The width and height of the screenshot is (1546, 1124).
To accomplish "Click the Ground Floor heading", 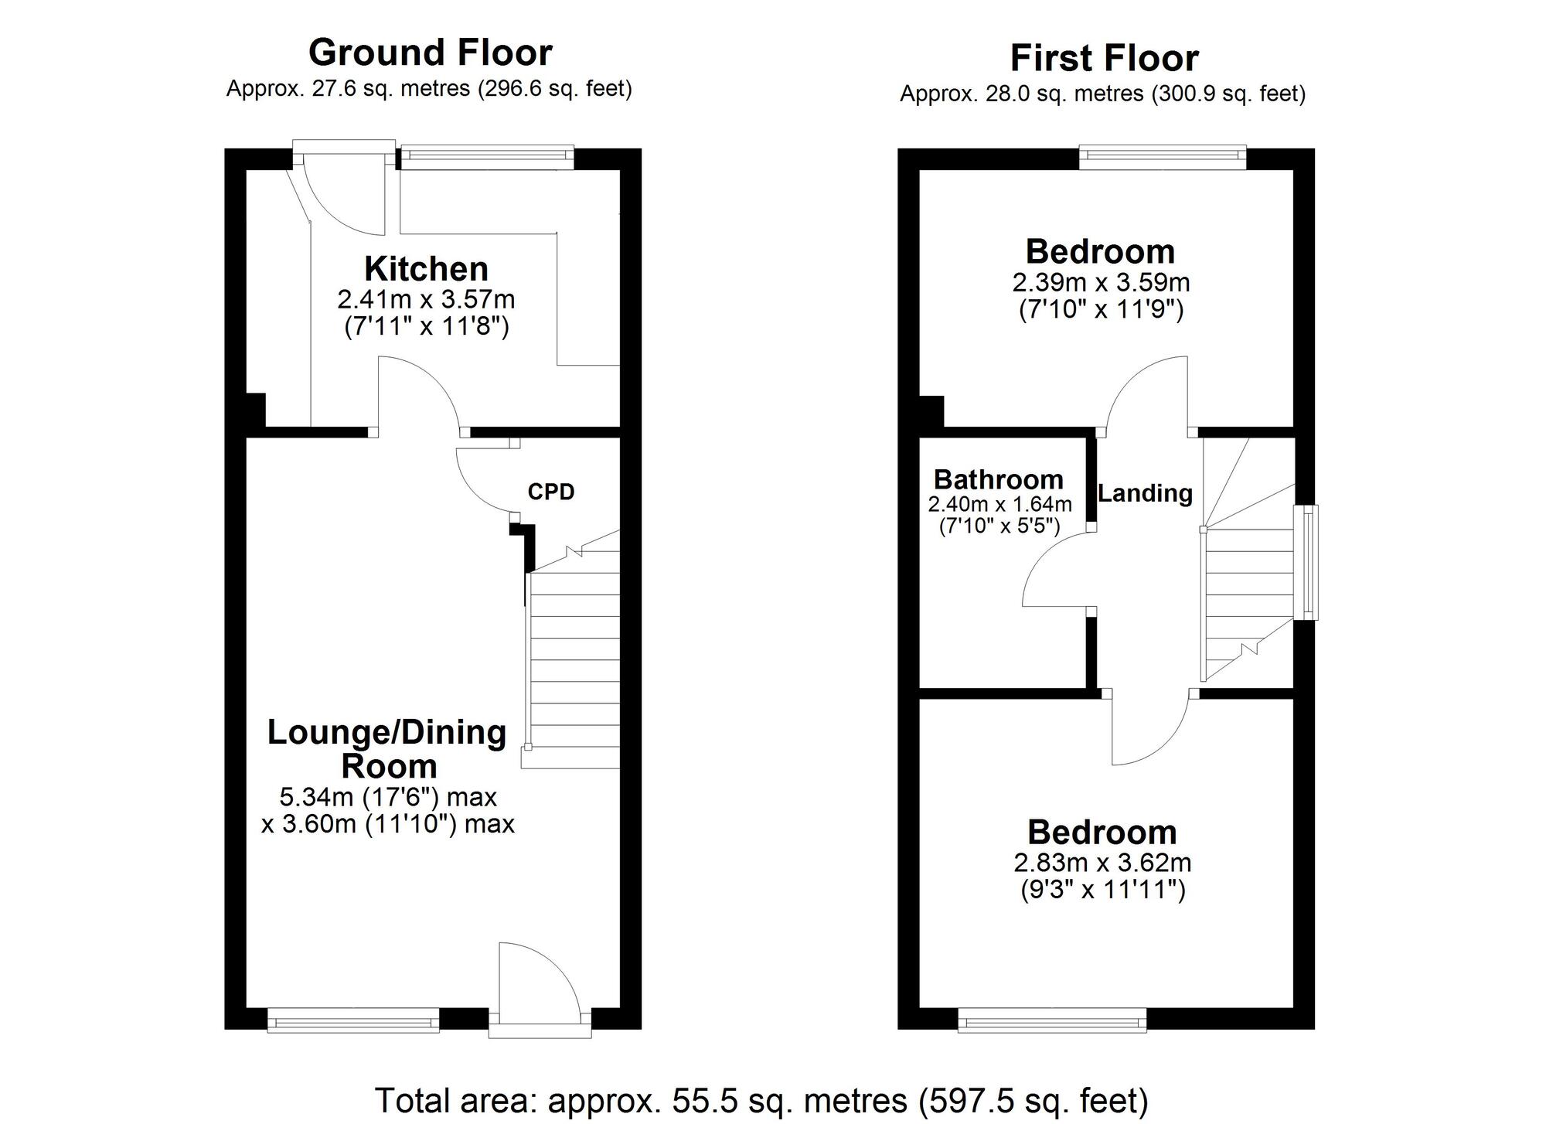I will [430, 53].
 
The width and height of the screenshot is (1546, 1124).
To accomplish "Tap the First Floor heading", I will [1104, 59].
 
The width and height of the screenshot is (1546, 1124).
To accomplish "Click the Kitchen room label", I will [426, 269].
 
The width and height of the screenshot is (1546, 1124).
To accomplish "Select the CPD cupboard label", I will [551, 492].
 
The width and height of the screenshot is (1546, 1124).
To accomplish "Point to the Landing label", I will [1145, 493].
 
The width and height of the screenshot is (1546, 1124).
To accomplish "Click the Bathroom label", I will [998, 479].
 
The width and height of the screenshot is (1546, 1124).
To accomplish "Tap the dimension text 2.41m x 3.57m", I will [426, 298].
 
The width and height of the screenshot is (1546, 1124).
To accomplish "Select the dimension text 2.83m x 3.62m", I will [1102, 862].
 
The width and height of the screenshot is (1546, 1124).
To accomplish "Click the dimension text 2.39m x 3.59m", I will [1101, 282].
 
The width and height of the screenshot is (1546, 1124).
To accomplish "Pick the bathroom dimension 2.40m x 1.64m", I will [999, 505].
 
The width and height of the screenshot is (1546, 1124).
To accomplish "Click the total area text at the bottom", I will [761, 1100].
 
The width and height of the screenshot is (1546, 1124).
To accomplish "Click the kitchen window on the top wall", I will [487, 158].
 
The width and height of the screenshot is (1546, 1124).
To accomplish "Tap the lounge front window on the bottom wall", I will [353, 1020].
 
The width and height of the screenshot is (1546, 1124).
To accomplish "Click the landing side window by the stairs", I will [1306, 562].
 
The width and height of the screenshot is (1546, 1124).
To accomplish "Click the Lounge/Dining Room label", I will [387, 748].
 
